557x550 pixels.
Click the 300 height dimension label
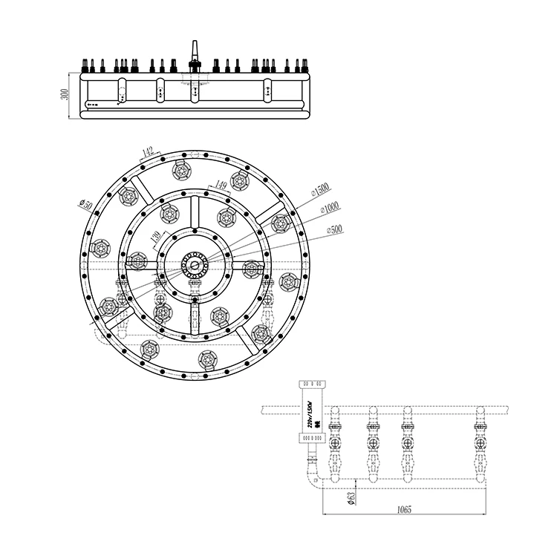coord(65,94)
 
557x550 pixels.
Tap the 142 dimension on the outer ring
coord(147,153)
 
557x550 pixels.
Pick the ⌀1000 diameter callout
coord(329,209)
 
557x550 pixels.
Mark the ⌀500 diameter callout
coord(333,230)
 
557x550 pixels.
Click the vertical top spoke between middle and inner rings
coord(195,212)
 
